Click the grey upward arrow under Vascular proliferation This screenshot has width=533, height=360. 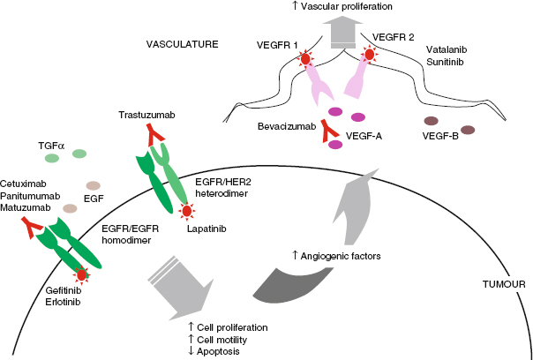(340, 35)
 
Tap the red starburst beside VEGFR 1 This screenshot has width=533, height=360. (305, 60)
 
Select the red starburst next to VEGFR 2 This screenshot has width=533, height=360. (371, 56)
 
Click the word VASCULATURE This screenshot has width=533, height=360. (184, 41)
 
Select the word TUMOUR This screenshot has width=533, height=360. (504, 284)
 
